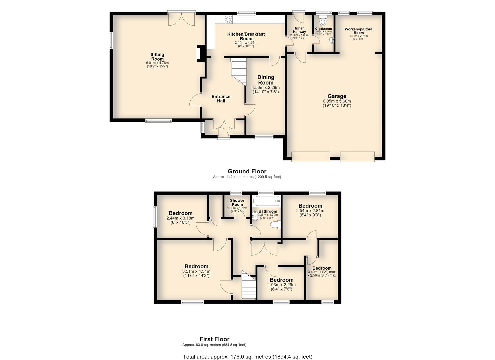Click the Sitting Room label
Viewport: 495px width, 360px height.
tap(157, 57)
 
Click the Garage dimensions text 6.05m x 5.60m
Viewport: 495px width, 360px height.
tap(337, 101)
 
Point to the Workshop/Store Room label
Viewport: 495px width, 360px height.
tap(358, 31)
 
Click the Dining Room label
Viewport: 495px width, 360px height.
tap(266, 80)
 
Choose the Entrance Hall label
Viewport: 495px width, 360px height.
tap(221, 99)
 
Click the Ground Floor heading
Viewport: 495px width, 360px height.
tap(247, 171)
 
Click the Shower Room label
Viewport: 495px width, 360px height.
tap(237, 202)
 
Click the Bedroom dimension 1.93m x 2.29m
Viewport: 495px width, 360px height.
tap(282, 285)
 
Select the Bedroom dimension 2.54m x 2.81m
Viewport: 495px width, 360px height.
tap(310, 211)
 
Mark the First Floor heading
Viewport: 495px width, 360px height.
tap(214, 339)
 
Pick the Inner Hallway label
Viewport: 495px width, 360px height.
tap(299, 30)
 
